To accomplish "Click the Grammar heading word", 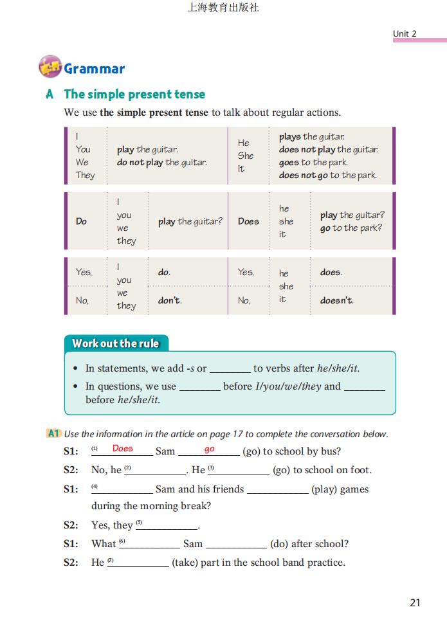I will tap(94, 69).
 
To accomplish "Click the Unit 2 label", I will tap(405, 33).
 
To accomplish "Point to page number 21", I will tap(415, 602).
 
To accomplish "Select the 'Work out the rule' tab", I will tap(116, 343).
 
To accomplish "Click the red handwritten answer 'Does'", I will tap(122, 449).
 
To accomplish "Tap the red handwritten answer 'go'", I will tap(210, 449).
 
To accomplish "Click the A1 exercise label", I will tap(53, 434).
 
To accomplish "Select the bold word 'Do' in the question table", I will tap(81, 221).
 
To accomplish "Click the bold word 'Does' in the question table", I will tap(248, 221).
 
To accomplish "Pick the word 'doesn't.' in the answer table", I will tap(337, 300).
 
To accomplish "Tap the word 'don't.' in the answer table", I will tap(170, 300).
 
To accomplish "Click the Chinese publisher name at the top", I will tap(223, 8).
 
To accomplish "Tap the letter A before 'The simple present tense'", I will tap(50, 95).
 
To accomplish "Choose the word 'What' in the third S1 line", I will tap(104, 544).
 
